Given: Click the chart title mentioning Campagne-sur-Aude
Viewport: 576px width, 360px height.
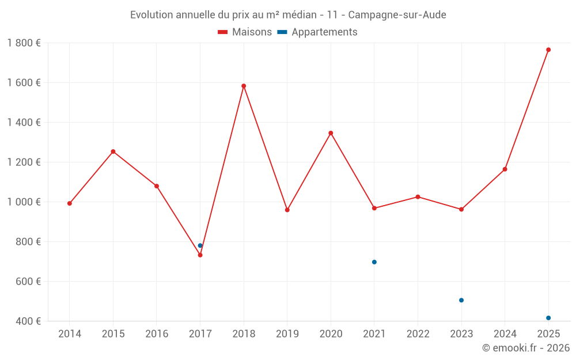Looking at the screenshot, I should tap(288, 14).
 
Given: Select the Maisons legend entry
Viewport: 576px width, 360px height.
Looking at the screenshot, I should tap(245, 32).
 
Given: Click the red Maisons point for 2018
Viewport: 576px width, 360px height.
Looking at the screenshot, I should tap(244, 86).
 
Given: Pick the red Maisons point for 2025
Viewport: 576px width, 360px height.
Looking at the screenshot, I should tap(548, 50).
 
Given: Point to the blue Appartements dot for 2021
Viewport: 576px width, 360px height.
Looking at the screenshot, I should tap(374, 262).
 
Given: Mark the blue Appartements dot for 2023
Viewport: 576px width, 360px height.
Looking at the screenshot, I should tap(461, 300).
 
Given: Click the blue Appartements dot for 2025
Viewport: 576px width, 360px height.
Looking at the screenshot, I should tap(548, 318).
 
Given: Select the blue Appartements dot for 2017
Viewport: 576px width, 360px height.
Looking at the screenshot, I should tap(200, 245).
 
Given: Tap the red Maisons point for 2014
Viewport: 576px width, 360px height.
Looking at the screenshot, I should tap(70, 203).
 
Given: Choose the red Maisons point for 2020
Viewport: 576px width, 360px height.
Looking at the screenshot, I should tap(331, 133).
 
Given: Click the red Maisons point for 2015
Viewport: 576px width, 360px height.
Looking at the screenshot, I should tap(113, 151).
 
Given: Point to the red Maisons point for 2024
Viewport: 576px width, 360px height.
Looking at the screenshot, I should tap(505, 169).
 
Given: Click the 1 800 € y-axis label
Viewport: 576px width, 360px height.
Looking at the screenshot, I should tap(24, 43).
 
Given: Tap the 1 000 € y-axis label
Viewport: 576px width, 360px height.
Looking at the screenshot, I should tap(24, 202).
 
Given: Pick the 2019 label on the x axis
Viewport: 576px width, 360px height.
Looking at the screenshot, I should tap(287, 334).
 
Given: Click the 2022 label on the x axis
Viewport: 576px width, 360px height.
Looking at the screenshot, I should tap(418, 334).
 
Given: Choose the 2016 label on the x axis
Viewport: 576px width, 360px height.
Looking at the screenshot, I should tap(157, 334).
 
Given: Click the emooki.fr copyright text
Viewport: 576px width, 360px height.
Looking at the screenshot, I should tap(525, 348).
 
